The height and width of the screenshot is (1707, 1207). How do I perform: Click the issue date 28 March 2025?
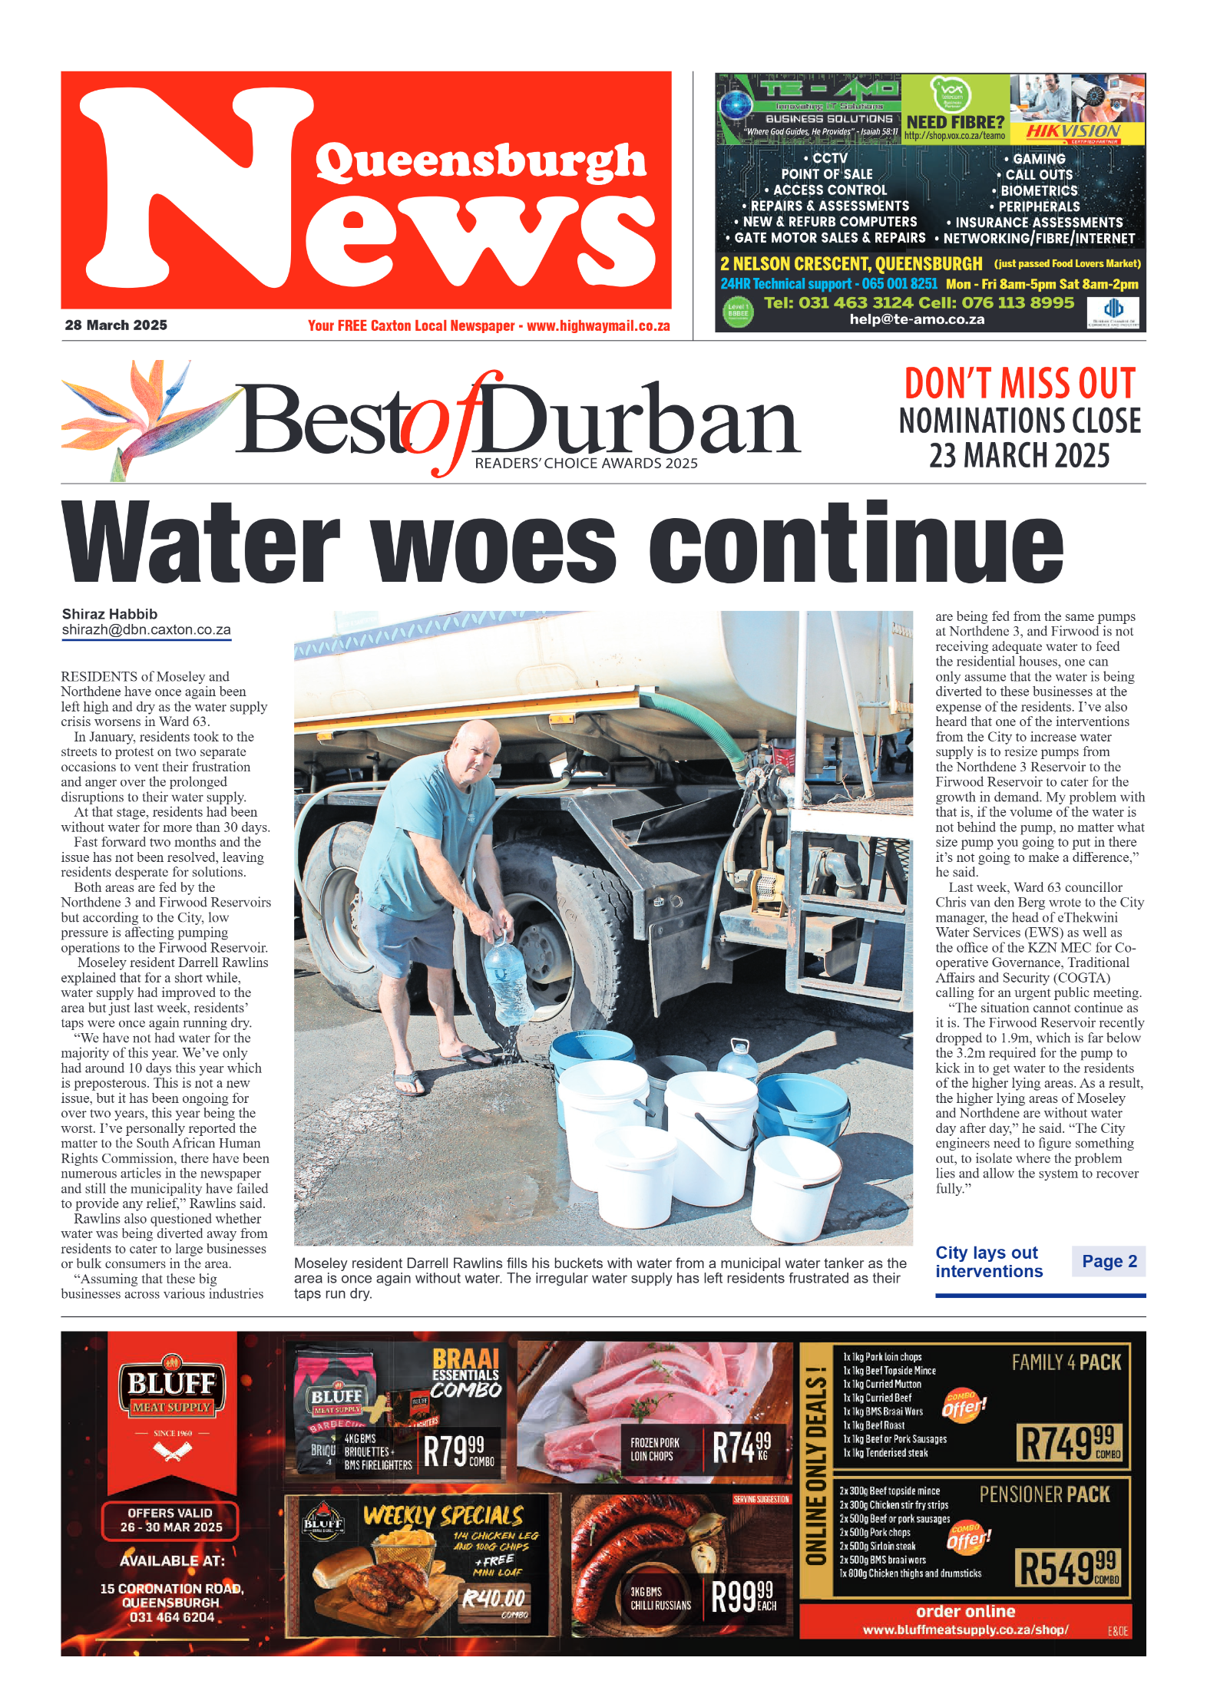pyautogui.click(x=116, y=325)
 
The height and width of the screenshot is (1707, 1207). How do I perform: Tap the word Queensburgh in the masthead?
pyautogui.click(x=481, y=162)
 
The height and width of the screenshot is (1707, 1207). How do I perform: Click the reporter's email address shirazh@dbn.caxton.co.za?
pyautogui.click(x=146, y=630)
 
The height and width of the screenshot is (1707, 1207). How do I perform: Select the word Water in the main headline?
pyautogui.click(x=201, y=543)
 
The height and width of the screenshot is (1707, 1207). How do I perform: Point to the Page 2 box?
pyautogui.click(x=1109, y=1261)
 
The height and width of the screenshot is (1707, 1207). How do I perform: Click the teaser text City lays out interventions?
pyautogui.click(x=989, y=1262)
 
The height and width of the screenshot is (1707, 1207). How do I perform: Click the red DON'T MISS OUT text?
pyautogui.click(x=1020, y=384)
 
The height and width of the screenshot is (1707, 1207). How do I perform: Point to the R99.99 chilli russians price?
pyautogui.click(x=742, y=1597)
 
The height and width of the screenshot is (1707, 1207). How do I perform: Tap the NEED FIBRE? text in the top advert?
pyautogui.click(x=955, y=122)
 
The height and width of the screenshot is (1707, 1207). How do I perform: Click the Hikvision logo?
pyautogui.click(x=1073, y=131)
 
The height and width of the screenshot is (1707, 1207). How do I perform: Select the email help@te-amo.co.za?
pyautogui.click(x=917, y=319)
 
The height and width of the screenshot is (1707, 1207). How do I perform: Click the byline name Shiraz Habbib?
pyautogui.click(x=110, y=614)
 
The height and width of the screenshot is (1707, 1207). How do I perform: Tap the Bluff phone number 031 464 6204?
pyautogui.click(x=172, y=1617)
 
